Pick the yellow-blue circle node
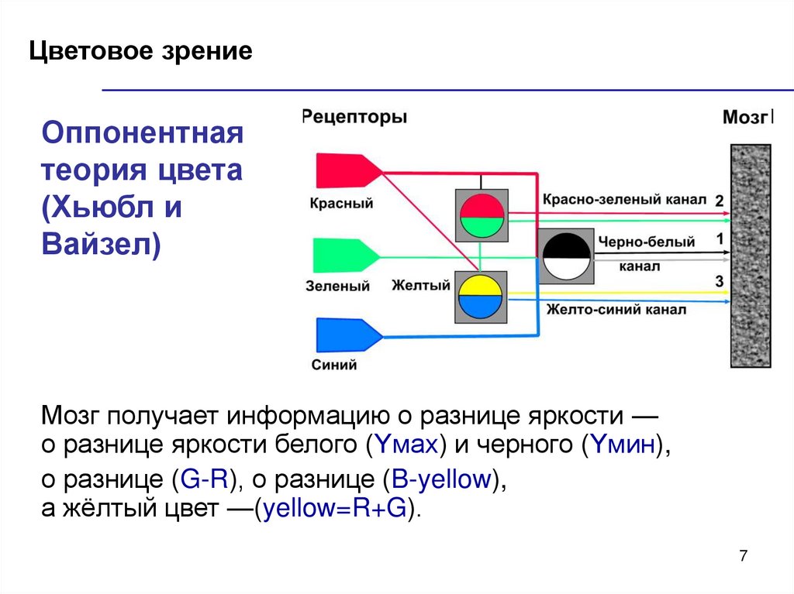[480, 297]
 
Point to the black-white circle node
[566, 256]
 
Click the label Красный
[341, 204]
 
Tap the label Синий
[334, 366]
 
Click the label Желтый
[421, 286]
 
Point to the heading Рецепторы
[354, 118]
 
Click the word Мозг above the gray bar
[747, 118]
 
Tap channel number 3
[720, 281]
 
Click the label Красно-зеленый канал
[623, 200]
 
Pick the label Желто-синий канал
[616, 311]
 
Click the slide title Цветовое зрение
[141, 52]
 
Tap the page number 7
[744, 556]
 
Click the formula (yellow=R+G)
[338, 510]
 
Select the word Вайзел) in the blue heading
[101, 245]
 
